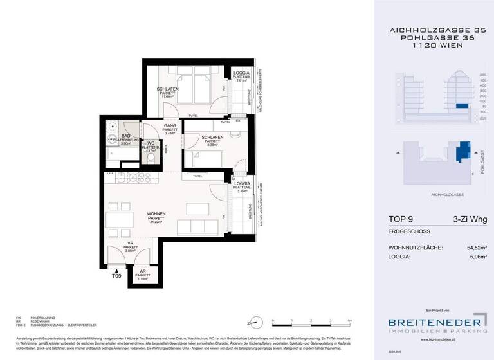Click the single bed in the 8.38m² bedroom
point(200,156)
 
